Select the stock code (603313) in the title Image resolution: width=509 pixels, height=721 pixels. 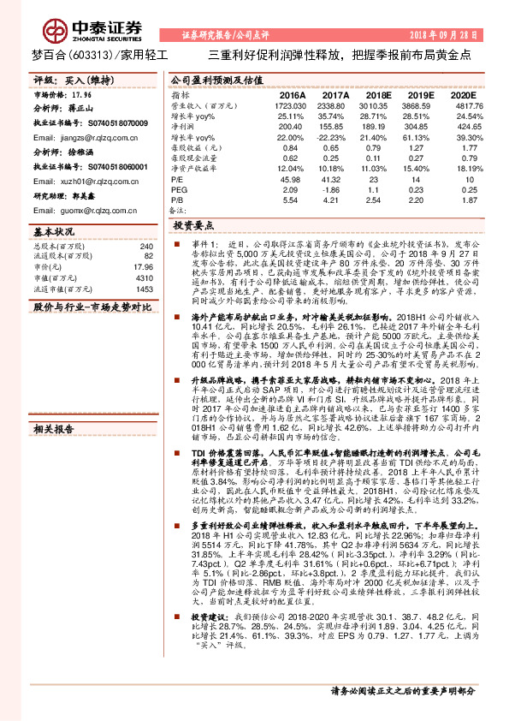tap(90, 54)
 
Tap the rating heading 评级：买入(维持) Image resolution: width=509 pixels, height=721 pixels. tap(70, 80)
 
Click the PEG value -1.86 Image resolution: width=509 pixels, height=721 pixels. tap(334, 188)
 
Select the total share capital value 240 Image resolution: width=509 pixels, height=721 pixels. tap(146, 245)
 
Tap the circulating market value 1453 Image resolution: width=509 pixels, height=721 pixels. tap(144, 289)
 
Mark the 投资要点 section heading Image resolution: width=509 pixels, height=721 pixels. tap(193, 226)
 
